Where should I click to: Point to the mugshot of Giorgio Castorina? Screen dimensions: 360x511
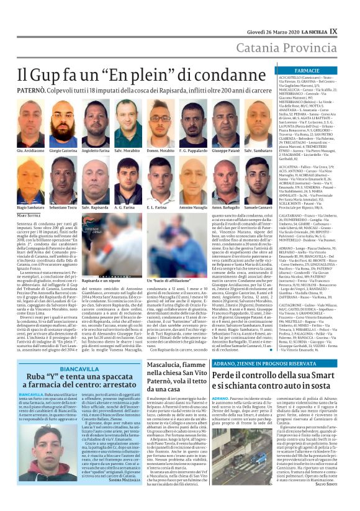tap(63, 127)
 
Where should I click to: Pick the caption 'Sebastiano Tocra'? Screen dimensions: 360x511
tap(63, 207)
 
